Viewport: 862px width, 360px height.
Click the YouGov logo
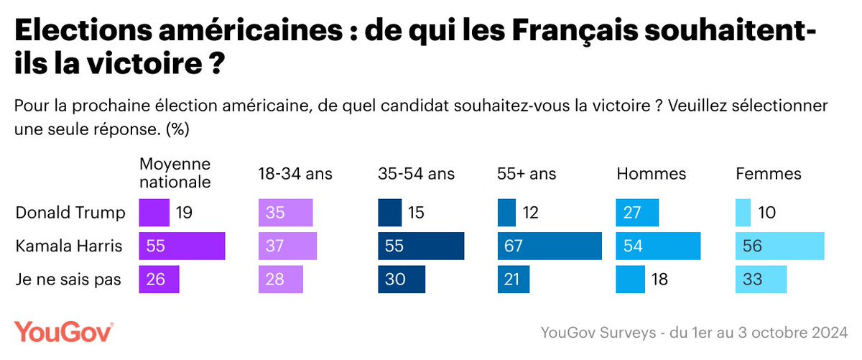(64, 333)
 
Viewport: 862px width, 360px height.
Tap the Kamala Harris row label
(68, 246)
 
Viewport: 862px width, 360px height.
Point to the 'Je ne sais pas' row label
(68, 280)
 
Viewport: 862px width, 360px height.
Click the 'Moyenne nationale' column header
(175, 173)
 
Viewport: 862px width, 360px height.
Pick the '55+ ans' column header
(527, 174)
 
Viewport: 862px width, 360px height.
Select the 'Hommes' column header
(651, 174)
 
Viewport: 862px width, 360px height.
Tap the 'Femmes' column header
(769, 174)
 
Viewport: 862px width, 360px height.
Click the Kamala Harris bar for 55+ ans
(550, 246)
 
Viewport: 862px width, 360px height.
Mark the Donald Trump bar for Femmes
(743, 213)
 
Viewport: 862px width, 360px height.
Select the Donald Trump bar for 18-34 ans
(285, 213)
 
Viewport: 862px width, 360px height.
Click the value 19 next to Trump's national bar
(184, 213)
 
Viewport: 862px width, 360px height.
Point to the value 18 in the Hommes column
(659, 280)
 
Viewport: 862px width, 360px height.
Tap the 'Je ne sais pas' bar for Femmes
(761, 280)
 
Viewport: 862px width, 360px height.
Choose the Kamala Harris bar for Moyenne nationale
(182, 246)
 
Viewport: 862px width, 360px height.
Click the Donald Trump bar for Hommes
(637, 213)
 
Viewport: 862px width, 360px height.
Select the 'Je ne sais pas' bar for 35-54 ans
(402, 280)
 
